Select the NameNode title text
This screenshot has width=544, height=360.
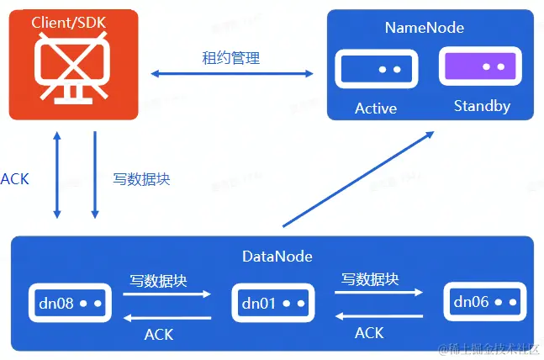[424, 28]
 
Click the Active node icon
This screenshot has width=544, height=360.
[377, 69]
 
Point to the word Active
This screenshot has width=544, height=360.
[376, 109]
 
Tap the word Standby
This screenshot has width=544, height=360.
[482, 107]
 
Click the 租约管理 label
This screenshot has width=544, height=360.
[230, 58]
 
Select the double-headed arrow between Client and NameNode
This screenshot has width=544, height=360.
[231, 75]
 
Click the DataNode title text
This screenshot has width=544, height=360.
[272, 256]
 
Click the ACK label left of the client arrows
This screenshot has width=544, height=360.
[14, 178]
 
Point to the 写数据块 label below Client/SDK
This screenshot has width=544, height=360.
[141, 178]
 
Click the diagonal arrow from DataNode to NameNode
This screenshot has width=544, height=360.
[359, 178]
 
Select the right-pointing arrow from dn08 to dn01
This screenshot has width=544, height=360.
[167, 294]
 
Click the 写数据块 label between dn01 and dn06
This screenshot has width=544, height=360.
[370, 278]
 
